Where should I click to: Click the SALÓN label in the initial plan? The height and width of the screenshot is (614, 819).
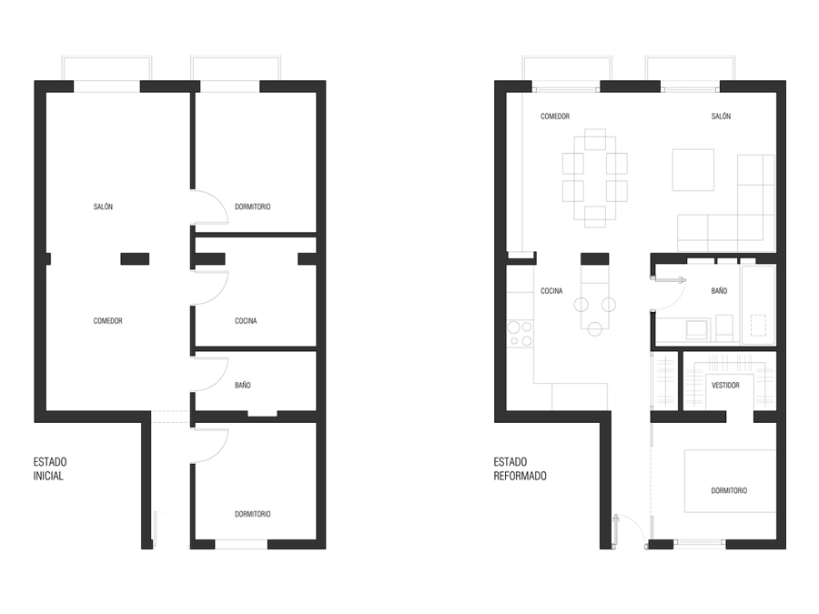click(103, 206)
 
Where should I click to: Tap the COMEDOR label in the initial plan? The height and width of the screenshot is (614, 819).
click(107, 321)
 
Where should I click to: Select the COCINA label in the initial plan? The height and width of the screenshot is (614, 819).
click(246, 321)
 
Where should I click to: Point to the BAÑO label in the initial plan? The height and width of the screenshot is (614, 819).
click(242, 386)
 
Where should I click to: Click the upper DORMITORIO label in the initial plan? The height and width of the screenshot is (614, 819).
click(252, 206)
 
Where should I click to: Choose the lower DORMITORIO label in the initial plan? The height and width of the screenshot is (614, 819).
click(252, 514)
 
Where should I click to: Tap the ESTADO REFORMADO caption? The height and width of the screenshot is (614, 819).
click(520, 468)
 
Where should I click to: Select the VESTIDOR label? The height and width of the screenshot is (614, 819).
click(725, 386)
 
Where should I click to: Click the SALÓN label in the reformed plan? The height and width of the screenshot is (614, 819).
click(722, 116)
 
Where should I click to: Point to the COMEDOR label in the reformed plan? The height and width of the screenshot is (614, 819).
click(555, 116)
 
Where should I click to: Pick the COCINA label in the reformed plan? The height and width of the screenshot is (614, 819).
click(551, 291)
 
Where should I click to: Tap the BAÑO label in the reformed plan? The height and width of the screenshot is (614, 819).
click(719, 291)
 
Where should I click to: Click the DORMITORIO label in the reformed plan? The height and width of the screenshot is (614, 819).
click(729, 490)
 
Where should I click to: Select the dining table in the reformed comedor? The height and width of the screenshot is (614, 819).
click(595, 177)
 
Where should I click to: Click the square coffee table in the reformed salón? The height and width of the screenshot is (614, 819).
click(693, 169)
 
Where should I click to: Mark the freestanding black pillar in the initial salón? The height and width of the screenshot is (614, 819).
click(135, 258)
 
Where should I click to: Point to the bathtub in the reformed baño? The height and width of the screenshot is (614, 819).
click(758, 306)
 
